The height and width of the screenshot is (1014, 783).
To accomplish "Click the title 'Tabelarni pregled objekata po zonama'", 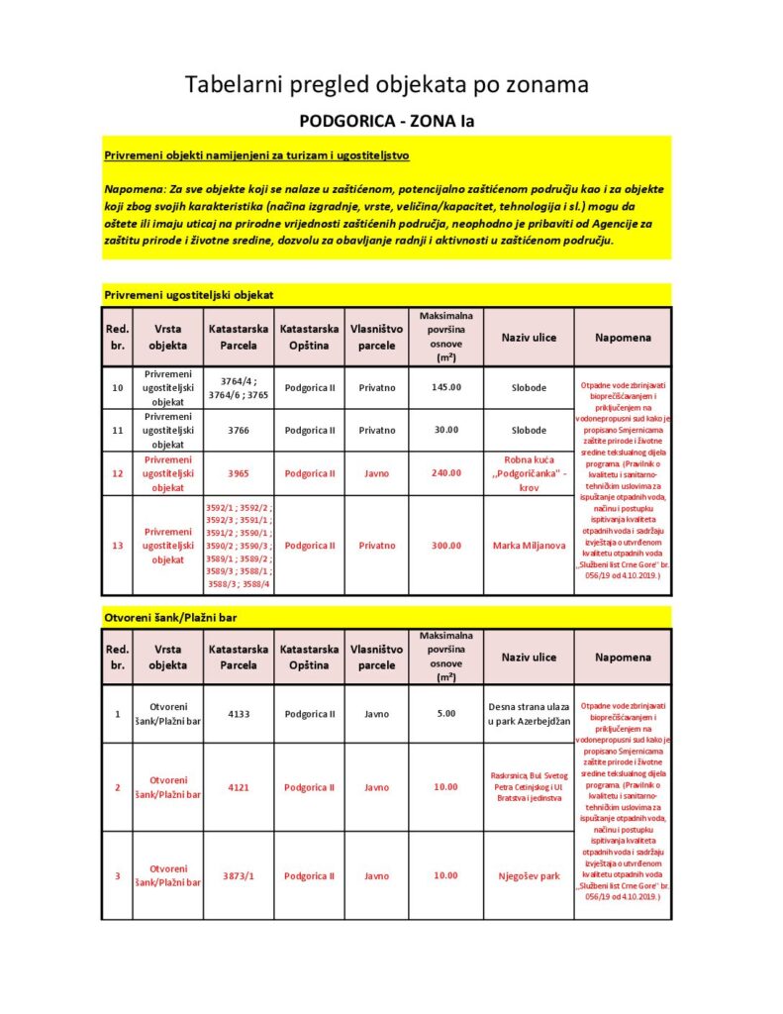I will (x=387, y=85).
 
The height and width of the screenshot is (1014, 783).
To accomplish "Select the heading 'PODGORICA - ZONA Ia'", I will (x=387, y=122).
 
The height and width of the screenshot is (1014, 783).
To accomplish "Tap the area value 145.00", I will (x=446, y=387).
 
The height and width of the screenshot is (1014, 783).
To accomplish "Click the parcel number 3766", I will (x=239, y=430).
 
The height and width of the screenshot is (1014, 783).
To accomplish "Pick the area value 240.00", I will (x=446, y=473).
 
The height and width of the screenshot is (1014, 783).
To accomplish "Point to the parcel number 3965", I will (x=239, y=473).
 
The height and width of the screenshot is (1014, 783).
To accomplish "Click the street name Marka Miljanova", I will (x=529, y=546).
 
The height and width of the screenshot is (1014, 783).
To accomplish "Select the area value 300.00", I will (x=446, y=546).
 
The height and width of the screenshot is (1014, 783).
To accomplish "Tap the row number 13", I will (x=117, y=546).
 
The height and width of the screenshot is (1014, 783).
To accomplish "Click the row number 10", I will (x=117, y=387).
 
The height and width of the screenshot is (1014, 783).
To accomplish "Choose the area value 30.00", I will (x=446, y=430).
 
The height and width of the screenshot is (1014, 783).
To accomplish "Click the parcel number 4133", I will (x=239, y=713).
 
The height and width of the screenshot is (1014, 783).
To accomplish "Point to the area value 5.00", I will (x=446, y=713).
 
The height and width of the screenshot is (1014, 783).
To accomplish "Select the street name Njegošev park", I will (x=529, y=875).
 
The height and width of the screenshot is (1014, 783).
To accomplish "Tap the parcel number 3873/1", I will (x=239, y=875).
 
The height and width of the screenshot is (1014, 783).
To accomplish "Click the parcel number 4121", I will (x=239, y=787).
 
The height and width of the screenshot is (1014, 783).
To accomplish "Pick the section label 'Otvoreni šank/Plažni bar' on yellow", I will (x=170, y=618).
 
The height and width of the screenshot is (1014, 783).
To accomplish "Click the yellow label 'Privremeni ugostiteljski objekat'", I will (x=188, y=295).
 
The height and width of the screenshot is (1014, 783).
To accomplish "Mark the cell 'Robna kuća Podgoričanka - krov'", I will (x=529, y=473).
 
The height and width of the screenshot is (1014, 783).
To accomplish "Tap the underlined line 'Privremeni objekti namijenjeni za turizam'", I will (x=256, y=155).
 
